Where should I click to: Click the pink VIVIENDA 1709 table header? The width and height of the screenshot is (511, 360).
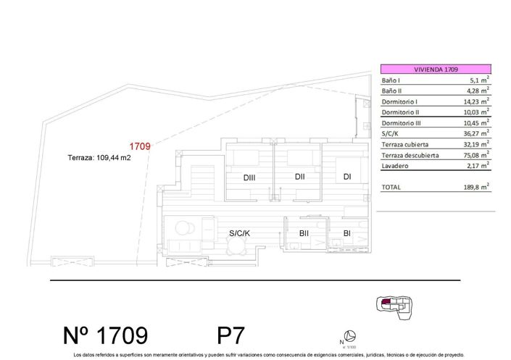(435, 69)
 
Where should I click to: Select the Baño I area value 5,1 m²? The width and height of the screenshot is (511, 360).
(475, 80)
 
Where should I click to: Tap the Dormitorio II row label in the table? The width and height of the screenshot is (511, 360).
(400, 113)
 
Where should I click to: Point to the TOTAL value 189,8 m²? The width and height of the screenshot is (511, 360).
(475, 187)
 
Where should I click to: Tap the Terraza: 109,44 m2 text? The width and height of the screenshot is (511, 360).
(99, 157)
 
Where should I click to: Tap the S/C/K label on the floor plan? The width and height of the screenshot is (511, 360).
(239, 233)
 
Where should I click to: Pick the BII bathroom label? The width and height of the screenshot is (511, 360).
(304, 233)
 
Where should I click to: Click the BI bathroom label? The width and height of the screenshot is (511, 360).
(347, 233)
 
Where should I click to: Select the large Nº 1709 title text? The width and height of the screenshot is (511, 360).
(105, 335)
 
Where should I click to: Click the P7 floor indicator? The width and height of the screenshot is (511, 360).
(231, 335)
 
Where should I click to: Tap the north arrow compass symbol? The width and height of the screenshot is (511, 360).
(349, 335)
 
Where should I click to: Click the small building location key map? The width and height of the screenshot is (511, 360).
(394, 308)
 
